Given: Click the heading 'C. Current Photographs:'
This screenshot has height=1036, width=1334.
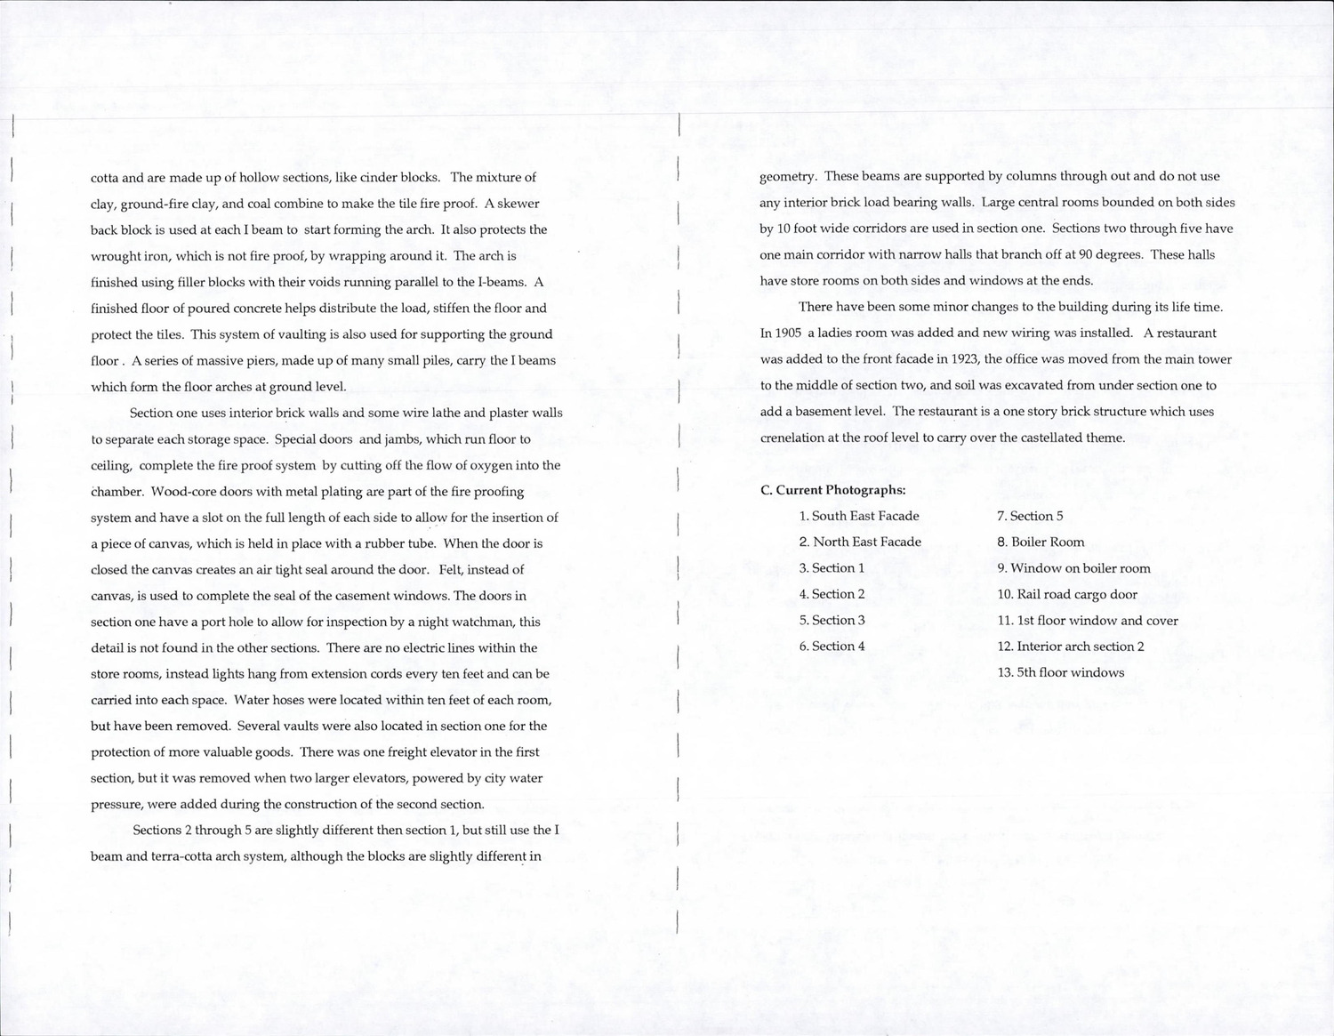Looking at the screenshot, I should [832, 490].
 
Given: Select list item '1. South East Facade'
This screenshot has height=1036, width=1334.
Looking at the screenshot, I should [858, 516].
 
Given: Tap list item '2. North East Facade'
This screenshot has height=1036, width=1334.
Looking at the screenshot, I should [859, 542].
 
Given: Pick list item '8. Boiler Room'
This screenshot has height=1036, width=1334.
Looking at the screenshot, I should [1041, 542].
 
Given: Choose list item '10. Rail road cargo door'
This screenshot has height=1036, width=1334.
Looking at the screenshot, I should [1066, 594].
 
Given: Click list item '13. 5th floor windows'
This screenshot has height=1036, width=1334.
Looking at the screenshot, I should [1060, 672].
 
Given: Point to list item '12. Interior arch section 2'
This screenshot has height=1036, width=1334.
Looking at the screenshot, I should [1070, 646].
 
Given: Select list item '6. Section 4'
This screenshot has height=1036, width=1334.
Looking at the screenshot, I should [832, 646].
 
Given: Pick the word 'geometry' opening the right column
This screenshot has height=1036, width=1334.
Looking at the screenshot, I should [787, 177].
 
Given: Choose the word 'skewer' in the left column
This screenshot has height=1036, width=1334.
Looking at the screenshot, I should [518, 204].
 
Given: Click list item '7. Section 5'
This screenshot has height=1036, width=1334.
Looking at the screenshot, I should [1030, 516].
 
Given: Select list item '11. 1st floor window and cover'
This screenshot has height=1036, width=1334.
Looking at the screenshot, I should [1087, 621].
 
